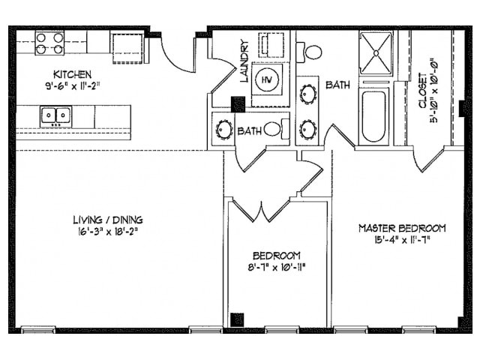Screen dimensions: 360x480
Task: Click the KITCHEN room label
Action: (x=72, y=74)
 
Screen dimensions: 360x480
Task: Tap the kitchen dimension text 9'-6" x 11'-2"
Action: (x=72, y=85)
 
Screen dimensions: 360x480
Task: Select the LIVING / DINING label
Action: (x=108, y=220)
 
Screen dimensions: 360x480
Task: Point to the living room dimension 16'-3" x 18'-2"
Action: (x=108, y=231)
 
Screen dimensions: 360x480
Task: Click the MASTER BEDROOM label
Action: (x=402, y=228)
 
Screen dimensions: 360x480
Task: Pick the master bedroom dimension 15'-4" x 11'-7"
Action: (x=402, y=240)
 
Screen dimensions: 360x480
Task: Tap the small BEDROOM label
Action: (x=277, y=255)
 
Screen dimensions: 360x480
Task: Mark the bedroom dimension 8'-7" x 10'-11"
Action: (x=277, y=266)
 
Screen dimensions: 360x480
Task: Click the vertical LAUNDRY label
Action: (x=244, y=61)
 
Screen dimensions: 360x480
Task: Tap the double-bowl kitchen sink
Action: (x=55, y=115)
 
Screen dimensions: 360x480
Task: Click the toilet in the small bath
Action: (x=273, y=129)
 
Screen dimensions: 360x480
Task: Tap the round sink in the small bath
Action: (x=223, y=129)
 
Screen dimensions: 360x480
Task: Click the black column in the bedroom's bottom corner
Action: (x=237, y=319)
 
